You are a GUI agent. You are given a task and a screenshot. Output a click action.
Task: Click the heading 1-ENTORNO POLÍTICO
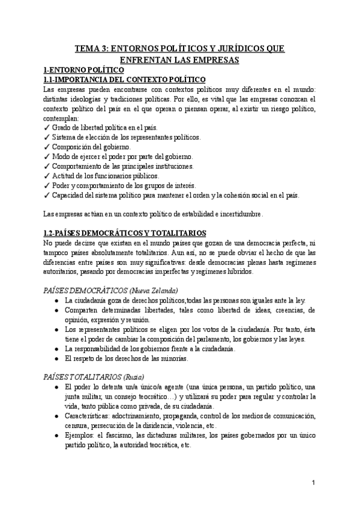pos(81,70)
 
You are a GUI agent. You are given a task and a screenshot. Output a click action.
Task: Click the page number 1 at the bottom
pos(314,482)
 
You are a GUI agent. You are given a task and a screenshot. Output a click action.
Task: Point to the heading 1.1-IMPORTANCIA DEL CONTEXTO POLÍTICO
pos(125,79)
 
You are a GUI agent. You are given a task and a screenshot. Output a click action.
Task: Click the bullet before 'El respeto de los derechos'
pos(56,359)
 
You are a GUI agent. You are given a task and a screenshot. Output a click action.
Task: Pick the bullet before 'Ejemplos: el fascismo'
pos(56,435)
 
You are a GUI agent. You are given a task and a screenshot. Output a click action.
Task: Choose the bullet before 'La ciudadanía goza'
pos(56,300)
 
